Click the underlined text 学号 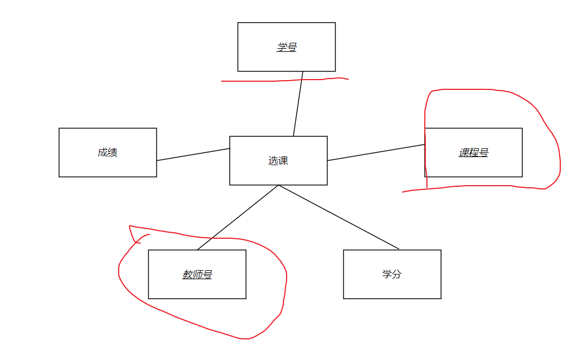pyautogui.click(x=287, y=47)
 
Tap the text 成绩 pyautogui.click(x=107, y=153)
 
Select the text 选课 pyautogui.click(x=278, y=161)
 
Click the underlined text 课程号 pyautogui.click(x=474, y=153)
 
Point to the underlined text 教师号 pyautogui.click(x=197, y=274)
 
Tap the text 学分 pyautogui.click(x=392, y=274)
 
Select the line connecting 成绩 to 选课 pyautogui.click(x=193, y=154)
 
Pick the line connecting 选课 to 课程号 pyautogui.click(x=376, y=153)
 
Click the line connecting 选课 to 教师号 pyautogui.click(x=238, y=217)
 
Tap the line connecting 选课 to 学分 pyautogui.click(x=339, y=217)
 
